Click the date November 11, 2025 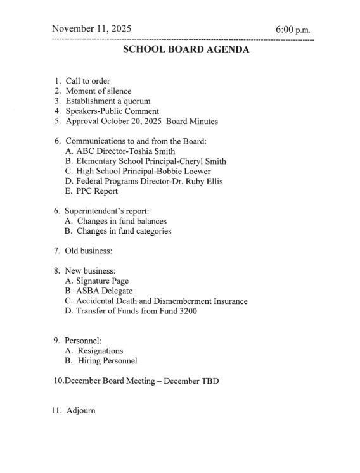pos(91,28)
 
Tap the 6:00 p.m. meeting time pos(293,30)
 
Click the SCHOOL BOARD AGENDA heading pos(186,50)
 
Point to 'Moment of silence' pos(98,91)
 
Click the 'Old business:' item pos(88,251)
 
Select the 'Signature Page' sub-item pos(102,281)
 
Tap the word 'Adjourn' pos(80,410)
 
